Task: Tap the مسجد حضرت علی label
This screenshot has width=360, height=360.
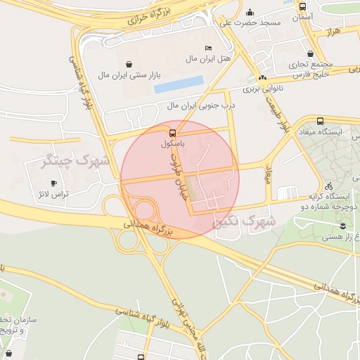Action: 251,23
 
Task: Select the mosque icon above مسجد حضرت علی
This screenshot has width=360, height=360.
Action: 250,12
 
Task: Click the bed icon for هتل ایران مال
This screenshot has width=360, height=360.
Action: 207,47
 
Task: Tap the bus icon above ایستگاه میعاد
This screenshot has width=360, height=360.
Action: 321,120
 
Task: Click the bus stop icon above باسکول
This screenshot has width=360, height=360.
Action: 172,132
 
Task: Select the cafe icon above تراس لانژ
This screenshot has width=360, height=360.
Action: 54,184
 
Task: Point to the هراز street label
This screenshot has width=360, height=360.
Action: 334,33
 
